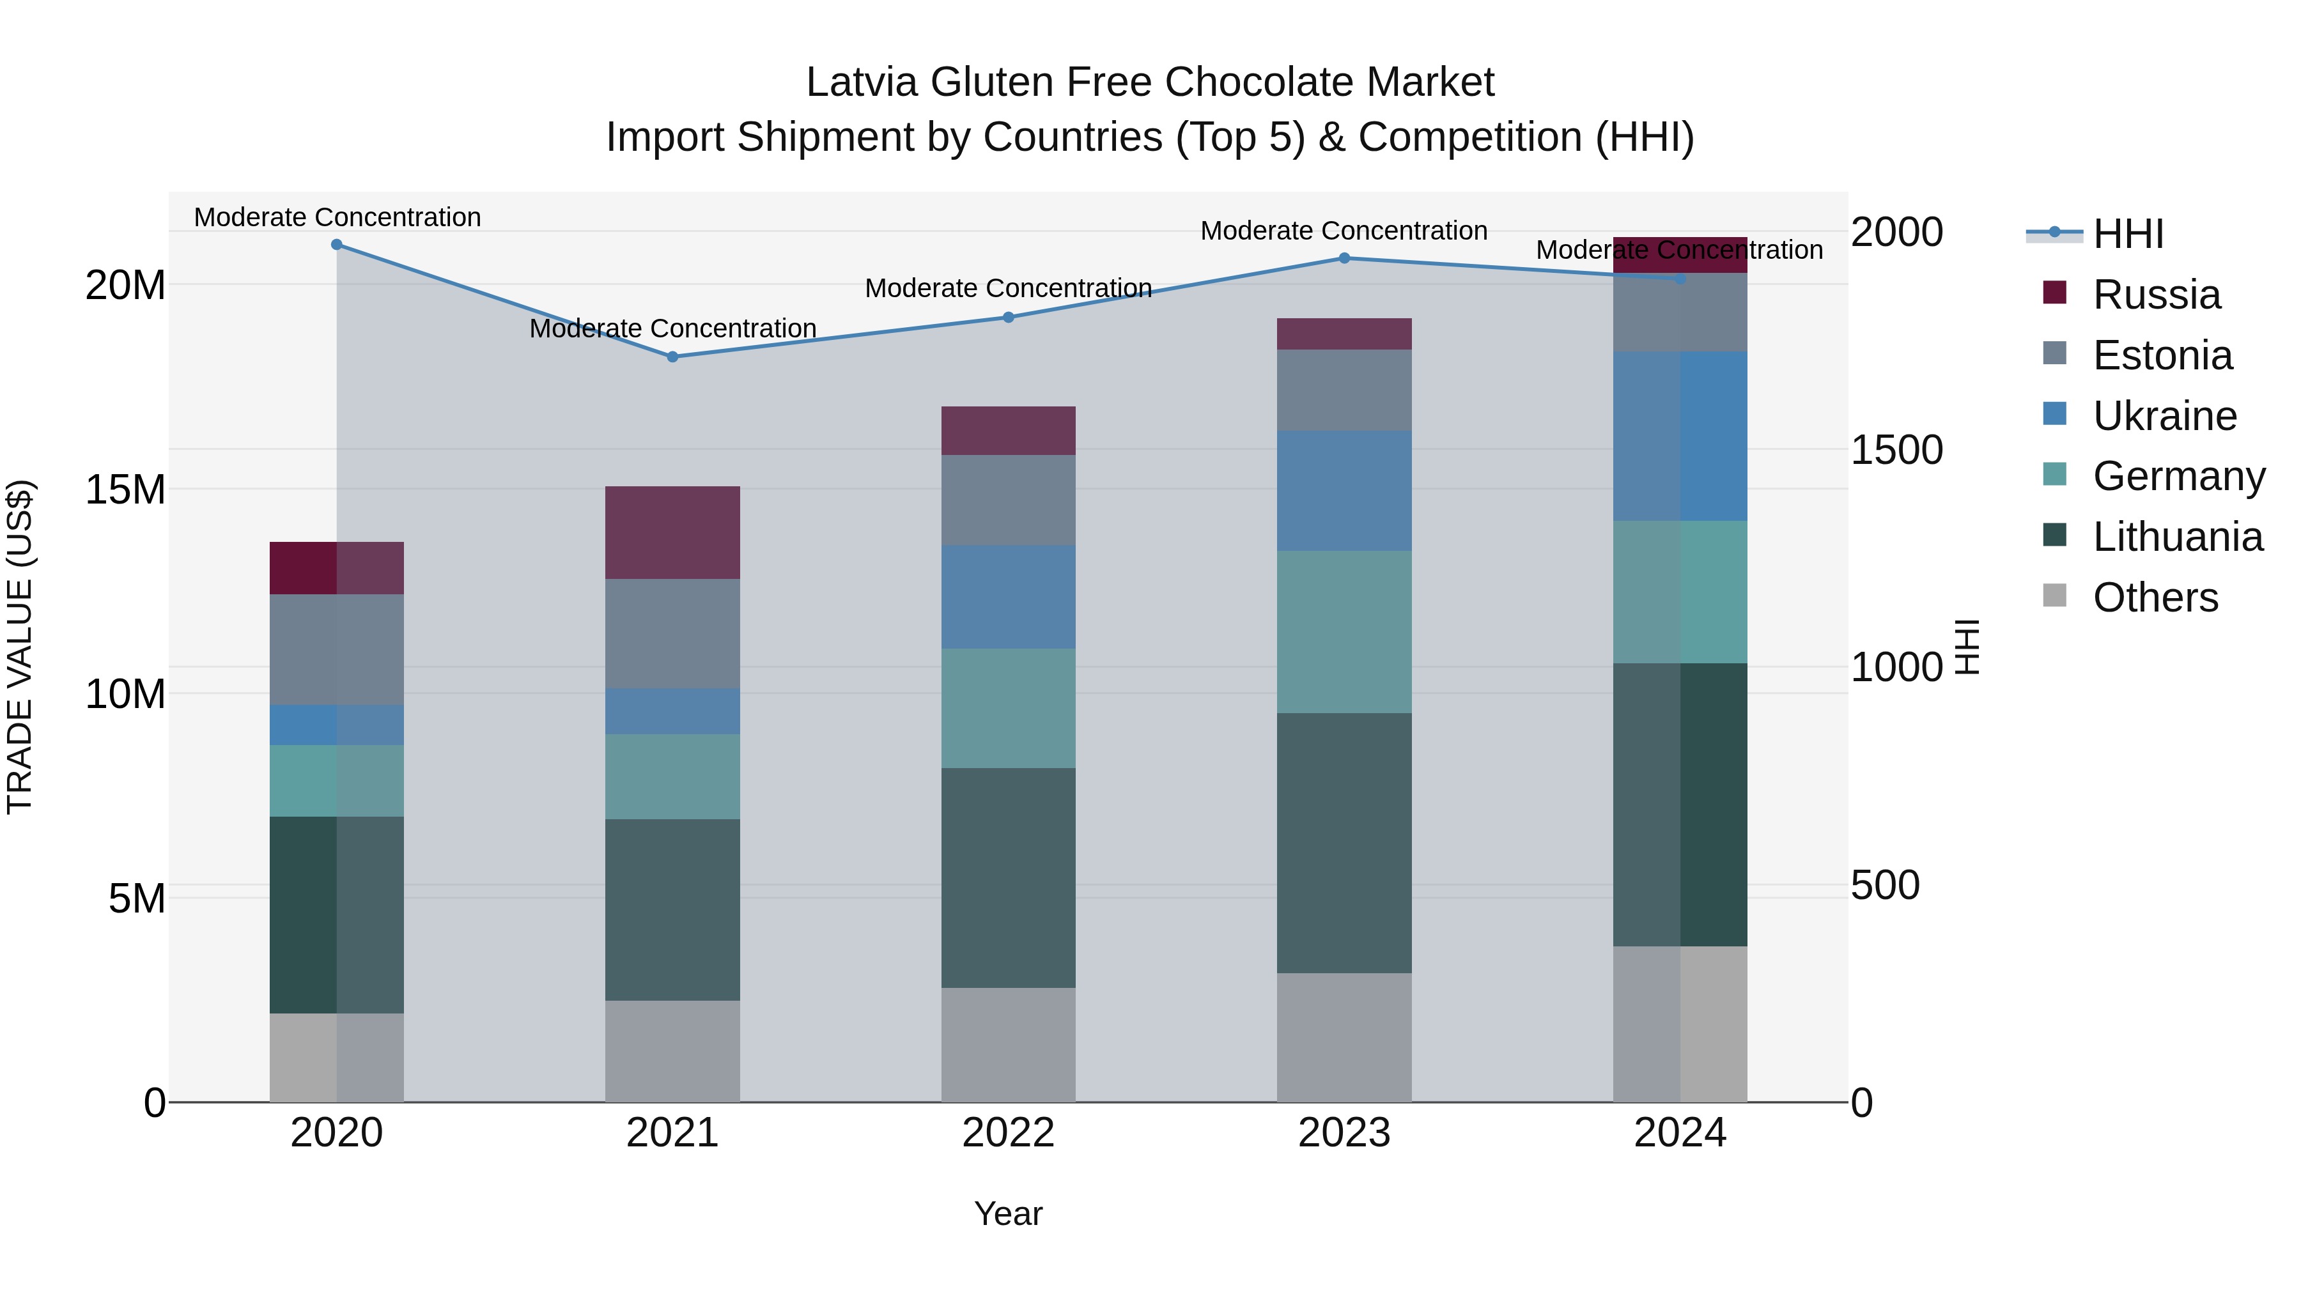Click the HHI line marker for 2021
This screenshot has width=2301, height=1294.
pyautogui.click(x=672, y=357)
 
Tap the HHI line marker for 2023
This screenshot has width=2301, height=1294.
pyautogui.click(x=1344, y=258)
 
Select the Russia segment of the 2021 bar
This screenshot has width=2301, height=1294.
pyautogui.click(x=672, y=532)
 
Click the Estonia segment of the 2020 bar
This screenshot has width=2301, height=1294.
pyautogui.click(x=337, y=649)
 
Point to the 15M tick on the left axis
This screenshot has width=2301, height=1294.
pyautogui.click(x=125, y=489)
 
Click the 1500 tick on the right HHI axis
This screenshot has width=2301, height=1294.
pyautogui.click(x=1896, y=449)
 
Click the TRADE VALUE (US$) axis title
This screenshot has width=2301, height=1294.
pyautogui.click(x=20, y=647)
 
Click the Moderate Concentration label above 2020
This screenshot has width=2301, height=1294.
pyautogui.click(x=337, y=217)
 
